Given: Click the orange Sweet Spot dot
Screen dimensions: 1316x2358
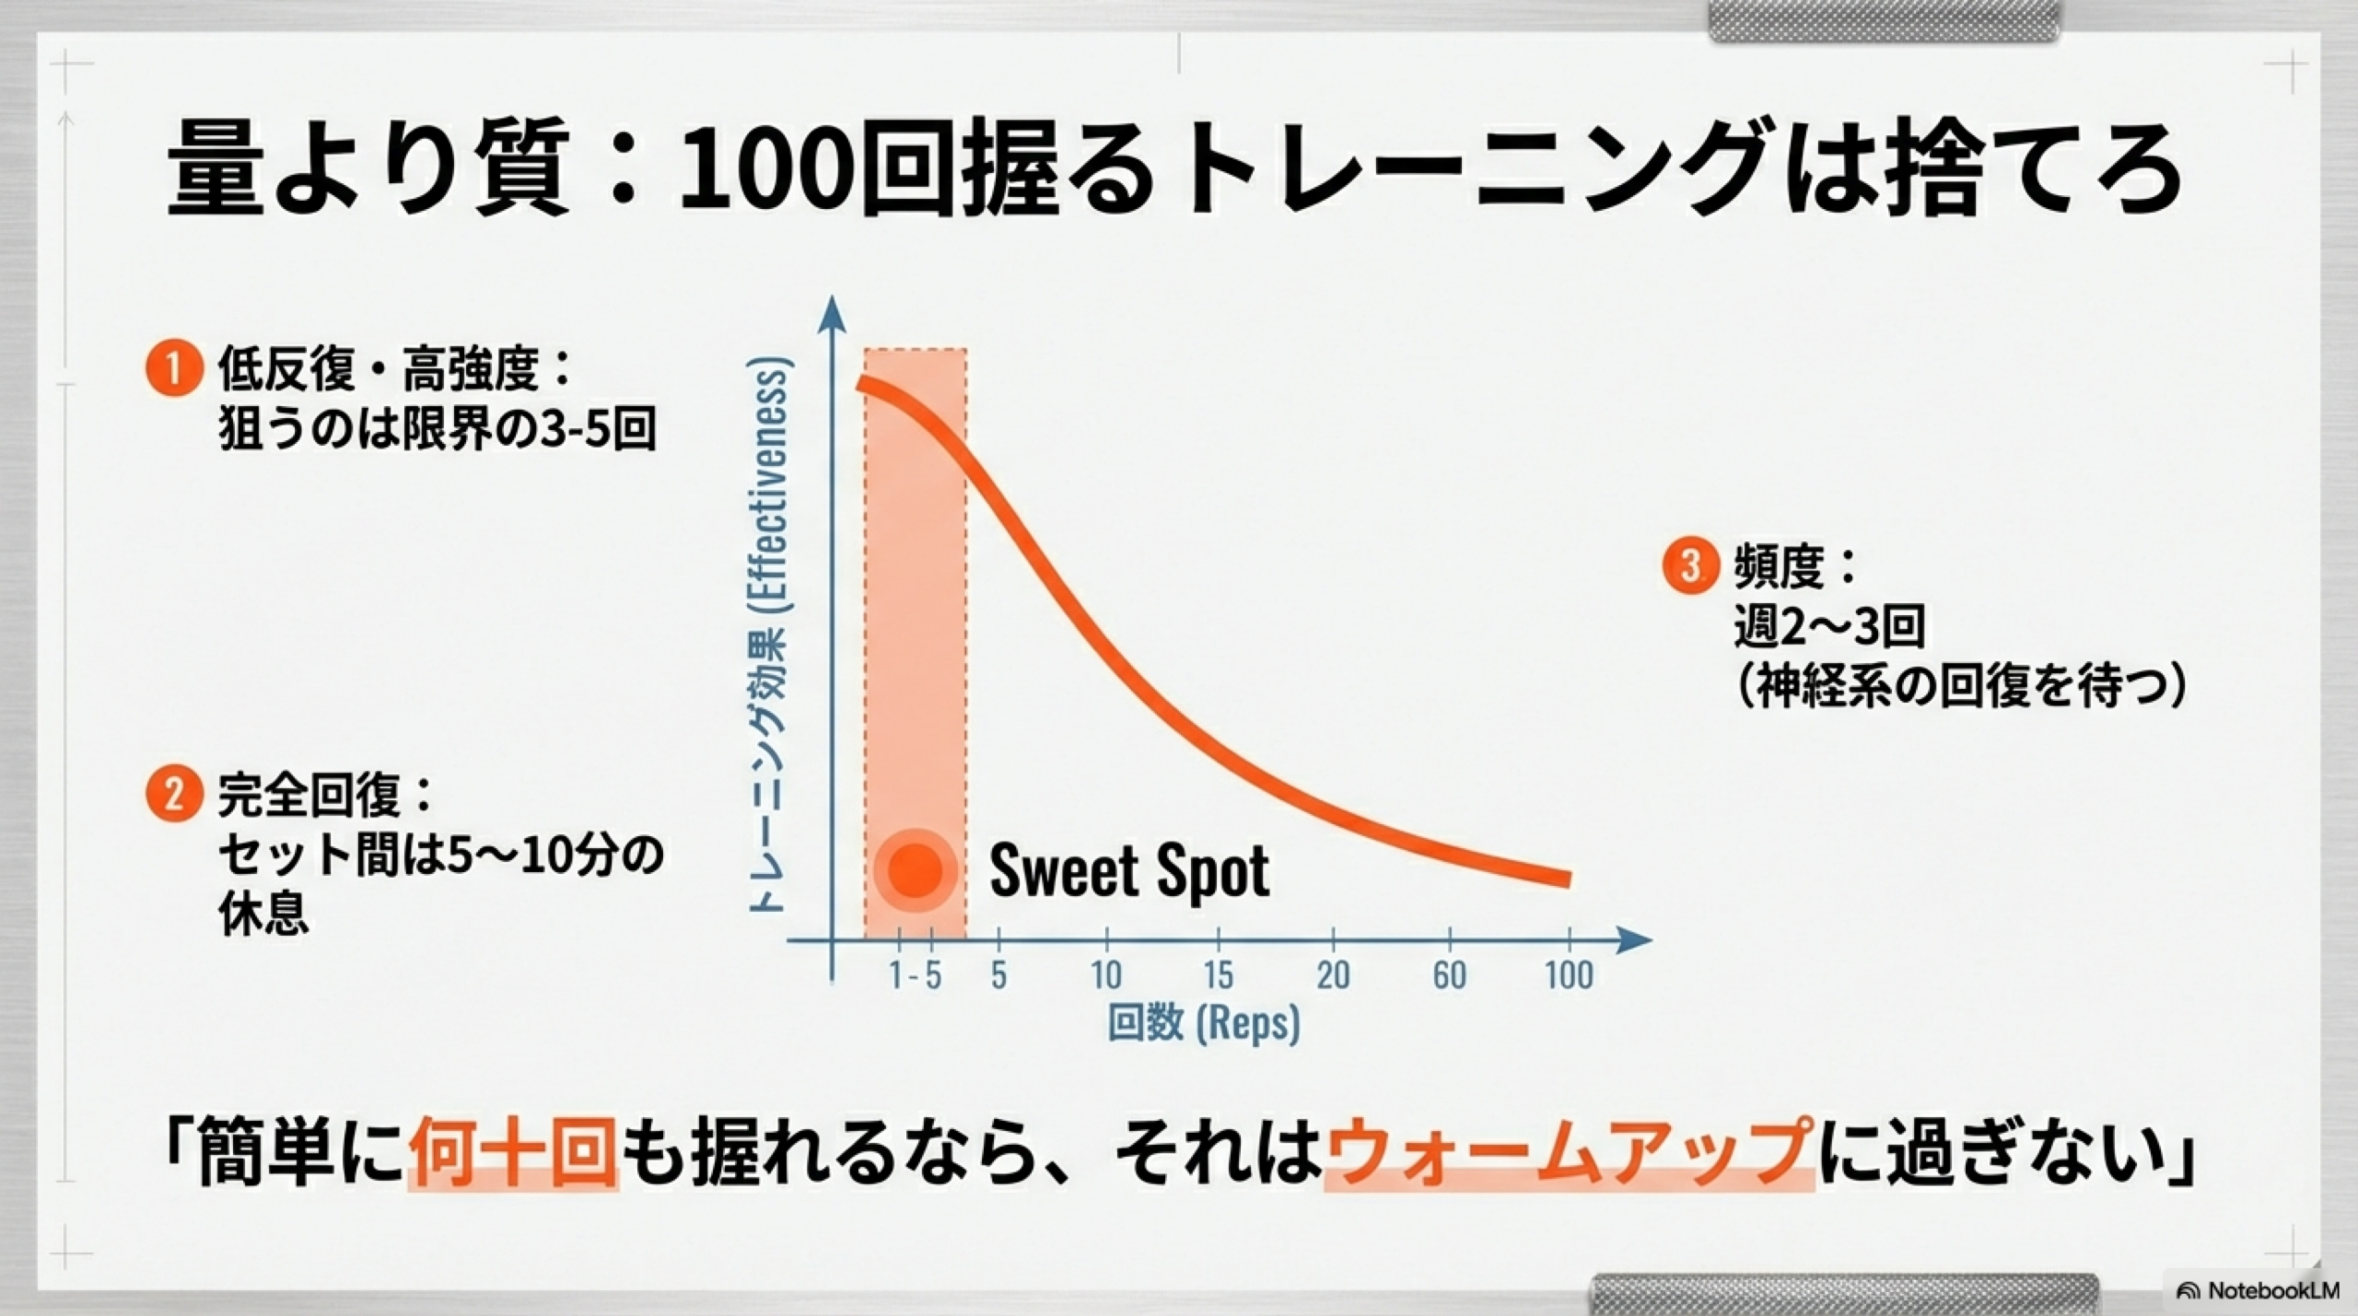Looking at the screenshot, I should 916,869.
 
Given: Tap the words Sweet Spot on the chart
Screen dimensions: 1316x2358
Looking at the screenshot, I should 1129,871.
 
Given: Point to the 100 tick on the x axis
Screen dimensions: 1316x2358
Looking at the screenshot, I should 1569,974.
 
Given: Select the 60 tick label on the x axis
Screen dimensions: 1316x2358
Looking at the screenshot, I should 1450,974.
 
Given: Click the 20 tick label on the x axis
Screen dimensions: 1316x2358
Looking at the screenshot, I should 1333,974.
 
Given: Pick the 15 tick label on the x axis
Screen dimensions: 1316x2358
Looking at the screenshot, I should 1218,974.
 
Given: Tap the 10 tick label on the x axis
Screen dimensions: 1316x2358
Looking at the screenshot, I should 1106,974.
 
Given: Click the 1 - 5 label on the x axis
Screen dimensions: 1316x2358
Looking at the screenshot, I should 916,974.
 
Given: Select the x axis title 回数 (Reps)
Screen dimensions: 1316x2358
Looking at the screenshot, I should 1204,1023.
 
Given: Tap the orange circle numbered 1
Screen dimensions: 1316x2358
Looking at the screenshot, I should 173,369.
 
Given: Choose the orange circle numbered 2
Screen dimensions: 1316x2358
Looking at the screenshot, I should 173,795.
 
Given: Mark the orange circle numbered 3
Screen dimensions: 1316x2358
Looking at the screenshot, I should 1690,565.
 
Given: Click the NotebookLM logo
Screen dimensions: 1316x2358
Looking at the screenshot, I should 2256,1290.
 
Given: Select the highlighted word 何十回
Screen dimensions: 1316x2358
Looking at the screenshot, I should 512,1153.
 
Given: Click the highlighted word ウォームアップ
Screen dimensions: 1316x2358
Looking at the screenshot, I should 1568,1153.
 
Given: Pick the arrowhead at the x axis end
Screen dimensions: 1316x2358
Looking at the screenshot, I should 1637,940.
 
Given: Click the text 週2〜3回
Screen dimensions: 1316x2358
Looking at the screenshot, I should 1829,626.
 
